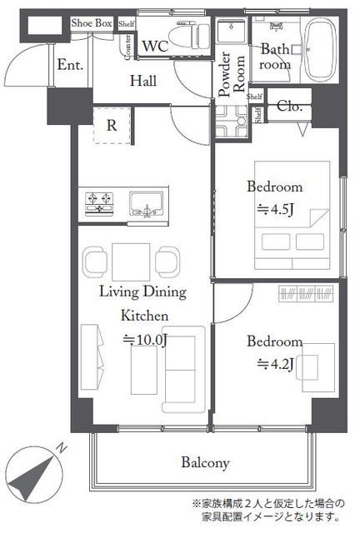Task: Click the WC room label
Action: [155, 46]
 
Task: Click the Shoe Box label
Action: [92, 23]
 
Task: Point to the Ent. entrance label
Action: [70, 65]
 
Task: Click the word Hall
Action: [143, 81]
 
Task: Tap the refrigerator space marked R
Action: [112, 126]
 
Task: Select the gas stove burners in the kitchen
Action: [99, 203]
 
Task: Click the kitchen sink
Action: [147, 203]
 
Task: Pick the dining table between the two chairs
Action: [131, 262]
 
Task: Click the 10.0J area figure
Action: [145, 340]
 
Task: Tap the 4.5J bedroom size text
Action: [275, 210]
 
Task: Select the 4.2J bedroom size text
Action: [275, 365]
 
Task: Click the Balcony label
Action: [205, 463]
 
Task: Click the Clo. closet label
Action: [289, 106]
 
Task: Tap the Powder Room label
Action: [232, 75]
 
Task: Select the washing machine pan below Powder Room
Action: [232, 122]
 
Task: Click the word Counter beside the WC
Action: [127, 47]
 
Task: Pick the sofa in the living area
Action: [183, 369]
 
